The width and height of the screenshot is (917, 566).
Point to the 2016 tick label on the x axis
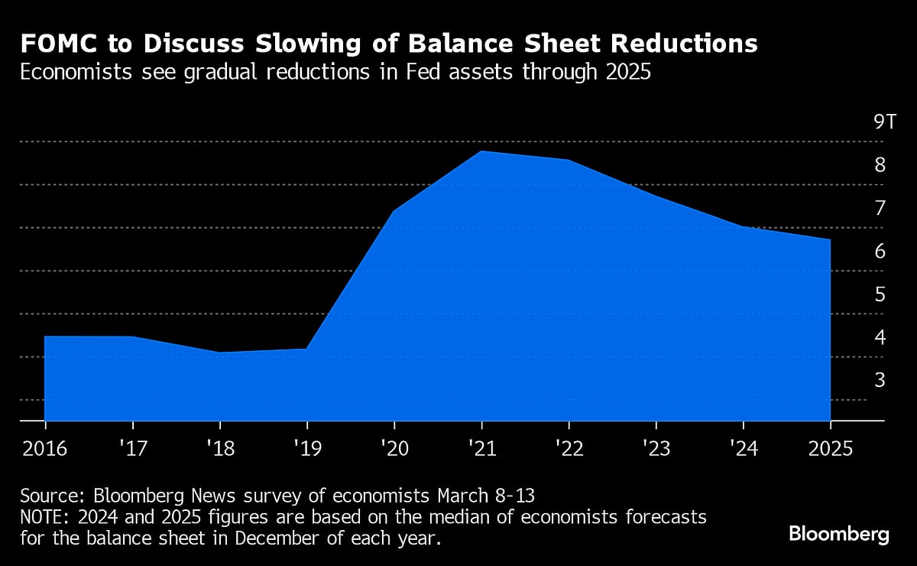coord(45,447)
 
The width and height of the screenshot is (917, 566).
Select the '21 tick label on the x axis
coord(481,447)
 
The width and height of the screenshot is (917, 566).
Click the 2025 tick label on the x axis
coord(830,447)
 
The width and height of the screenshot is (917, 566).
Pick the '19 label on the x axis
coord(306,447)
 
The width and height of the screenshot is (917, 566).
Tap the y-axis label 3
coord(880,380)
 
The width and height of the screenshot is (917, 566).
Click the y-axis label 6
coord(880,252)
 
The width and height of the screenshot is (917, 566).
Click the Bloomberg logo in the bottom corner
coord(838,534)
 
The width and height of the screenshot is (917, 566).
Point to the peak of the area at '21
coord(481,151)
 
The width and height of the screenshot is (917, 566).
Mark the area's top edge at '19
coord(307,349)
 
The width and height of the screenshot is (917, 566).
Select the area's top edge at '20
coord(394,211)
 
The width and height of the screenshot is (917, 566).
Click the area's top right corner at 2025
coord(830,240)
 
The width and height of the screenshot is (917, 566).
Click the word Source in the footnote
coord(47,494)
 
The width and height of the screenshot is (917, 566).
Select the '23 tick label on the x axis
coord(655,447)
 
